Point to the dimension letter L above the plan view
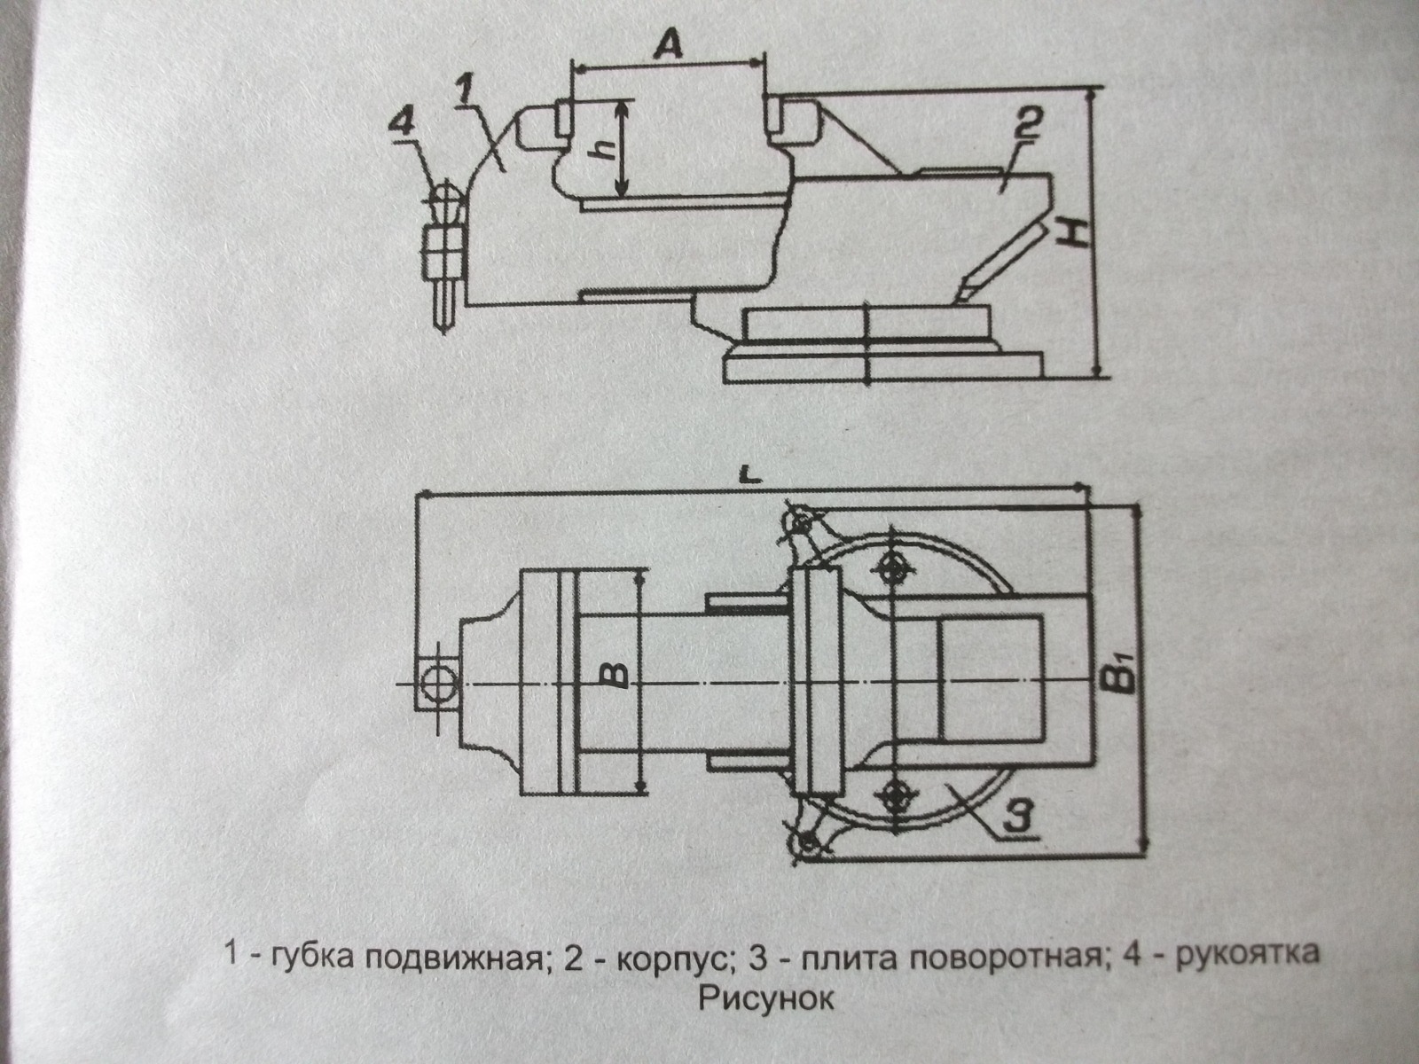pos(750,475)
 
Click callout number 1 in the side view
pos(466,89)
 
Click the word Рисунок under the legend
pos(766,999)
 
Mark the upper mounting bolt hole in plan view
pos(892,567)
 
